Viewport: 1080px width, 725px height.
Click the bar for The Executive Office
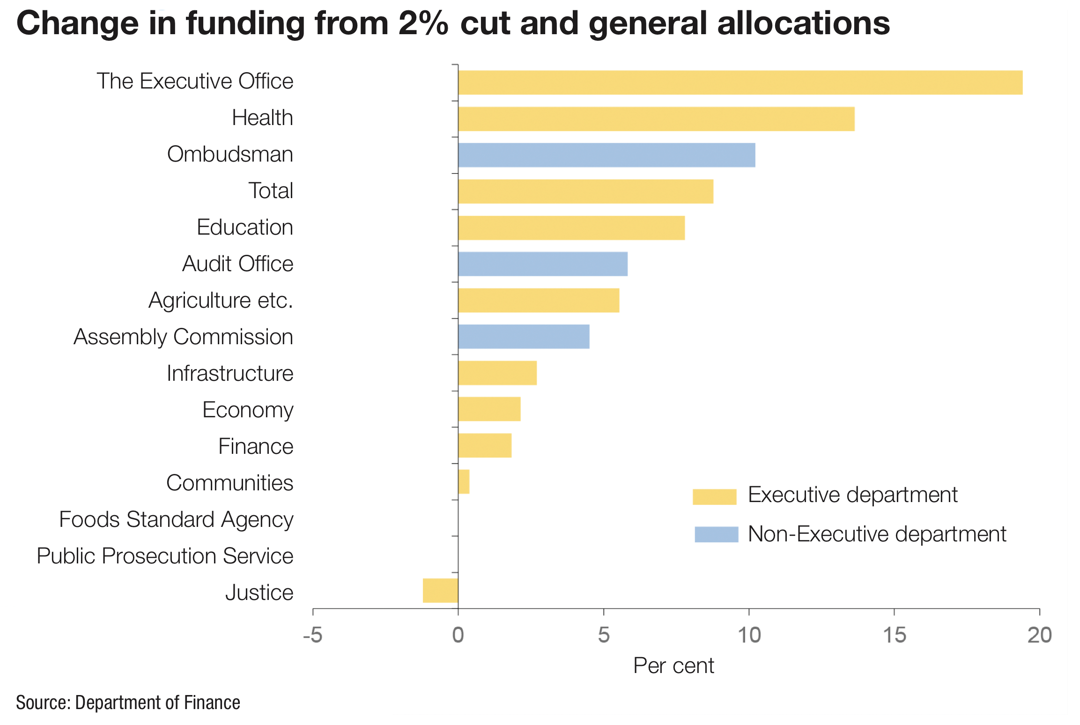(740, 82)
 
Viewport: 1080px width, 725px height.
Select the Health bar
(656, 119)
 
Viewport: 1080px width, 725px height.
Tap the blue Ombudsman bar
(607, 155)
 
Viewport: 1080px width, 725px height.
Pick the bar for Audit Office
(542, 264)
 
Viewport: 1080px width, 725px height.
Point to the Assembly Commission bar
(524, 337)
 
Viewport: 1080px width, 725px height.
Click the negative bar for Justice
(440, 591)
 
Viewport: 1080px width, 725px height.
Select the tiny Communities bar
(464, 482)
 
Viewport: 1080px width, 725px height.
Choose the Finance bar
(485, 445)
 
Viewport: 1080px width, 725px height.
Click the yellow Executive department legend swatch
(714, 496)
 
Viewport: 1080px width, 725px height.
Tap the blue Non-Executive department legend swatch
(716, 534)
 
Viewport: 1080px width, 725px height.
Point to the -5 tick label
(312, 636)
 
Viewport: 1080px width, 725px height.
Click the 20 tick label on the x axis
(1039, 636)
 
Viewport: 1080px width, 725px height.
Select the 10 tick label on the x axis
(749, 636)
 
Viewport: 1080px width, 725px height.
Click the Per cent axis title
(673, 666)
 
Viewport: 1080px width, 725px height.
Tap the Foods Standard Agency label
(176, 519)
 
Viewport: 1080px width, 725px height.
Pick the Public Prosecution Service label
(165, 556)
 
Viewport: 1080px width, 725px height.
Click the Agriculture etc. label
(221, 300)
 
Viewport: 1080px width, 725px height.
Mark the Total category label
(271, 191)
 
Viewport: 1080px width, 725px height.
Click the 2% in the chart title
(423, 23)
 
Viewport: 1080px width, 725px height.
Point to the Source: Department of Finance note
(128, 703)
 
